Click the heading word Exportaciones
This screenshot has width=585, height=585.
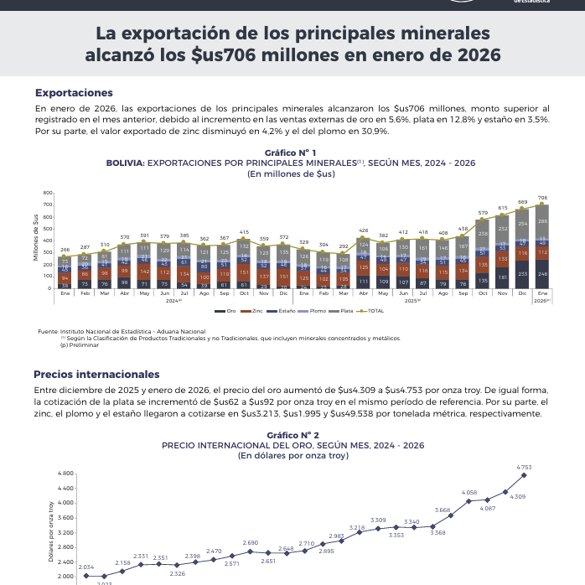[74, 92]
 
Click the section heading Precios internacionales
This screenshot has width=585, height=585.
[96, 374]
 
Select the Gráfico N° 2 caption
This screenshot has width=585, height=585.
[292, 435]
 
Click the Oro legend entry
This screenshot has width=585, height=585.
[228, 311]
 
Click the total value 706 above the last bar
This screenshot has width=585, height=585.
[542, 198]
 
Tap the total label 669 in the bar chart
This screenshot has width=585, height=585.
[522, 202]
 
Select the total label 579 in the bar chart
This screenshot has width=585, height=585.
[483, 213]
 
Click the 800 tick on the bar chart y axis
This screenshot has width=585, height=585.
[48, 194]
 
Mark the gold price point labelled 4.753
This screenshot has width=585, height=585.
[524, 475]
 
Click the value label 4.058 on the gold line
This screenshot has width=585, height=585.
[469, 493]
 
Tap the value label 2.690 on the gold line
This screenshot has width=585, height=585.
[250, 543]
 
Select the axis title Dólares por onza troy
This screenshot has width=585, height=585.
[52, 532]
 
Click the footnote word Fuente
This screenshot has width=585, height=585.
[49, 332]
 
